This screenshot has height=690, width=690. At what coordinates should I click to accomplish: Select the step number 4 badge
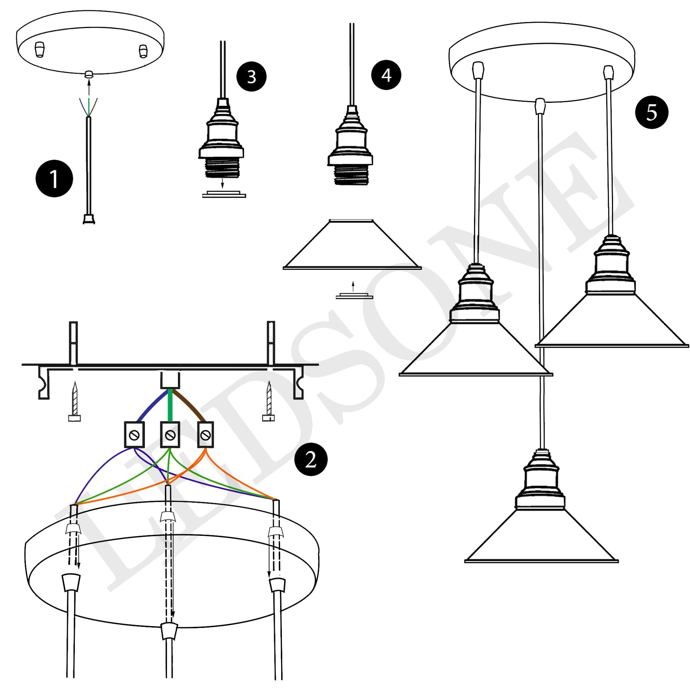386,76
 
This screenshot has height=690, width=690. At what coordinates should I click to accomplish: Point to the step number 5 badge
651,112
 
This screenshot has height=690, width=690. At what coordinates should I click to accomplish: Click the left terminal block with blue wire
134,435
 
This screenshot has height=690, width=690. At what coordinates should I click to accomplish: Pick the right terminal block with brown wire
205,435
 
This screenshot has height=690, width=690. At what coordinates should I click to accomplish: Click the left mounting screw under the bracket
74,402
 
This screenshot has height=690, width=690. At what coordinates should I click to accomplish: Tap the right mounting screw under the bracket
268,402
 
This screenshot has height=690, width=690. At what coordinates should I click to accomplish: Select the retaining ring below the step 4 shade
354,296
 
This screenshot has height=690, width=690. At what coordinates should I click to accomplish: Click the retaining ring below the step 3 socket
224,195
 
